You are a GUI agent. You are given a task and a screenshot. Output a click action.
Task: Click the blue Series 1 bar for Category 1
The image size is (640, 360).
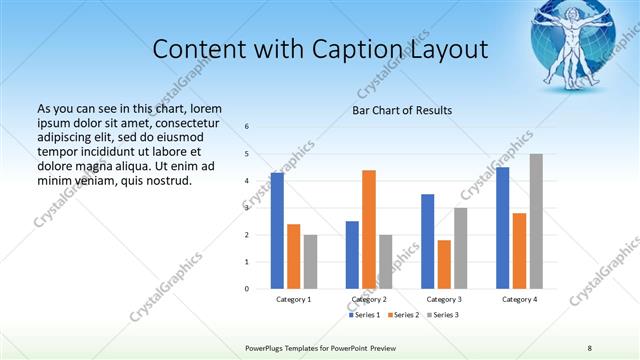tap(277, 230)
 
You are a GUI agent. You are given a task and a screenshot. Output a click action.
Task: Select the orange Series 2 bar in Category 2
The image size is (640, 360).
tap(369, 229)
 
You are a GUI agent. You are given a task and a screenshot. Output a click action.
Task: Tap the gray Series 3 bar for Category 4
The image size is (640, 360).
tap(536, 221)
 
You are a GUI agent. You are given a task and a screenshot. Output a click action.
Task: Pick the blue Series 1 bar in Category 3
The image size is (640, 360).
tap(427, 241)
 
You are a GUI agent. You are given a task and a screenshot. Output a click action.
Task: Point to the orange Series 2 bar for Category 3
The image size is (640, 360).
tap(444, 264)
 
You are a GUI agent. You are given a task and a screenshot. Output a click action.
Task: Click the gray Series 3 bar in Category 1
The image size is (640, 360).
tap(310, 261)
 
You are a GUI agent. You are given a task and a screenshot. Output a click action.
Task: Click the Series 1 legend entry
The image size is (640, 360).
tap(364, 315)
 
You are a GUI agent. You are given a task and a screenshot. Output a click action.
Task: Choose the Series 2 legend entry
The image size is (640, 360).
tap(403, 315)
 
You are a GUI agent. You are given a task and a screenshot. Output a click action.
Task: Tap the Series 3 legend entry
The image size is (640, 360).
tap(442, 315)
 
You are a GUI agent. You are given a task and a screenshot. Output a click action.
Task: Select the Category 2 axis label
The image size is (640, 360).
tap(369, 299)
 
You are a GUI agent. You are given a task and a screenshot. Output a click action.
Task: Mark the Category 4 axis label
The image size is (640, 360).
tap(519, 299)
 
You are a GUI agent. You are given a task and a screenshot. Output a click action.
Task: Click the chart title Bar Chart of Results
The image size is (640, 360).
tap(403, 109)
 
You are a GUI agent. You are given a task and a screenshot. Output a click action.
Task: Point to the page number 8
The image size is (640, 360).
tap(590, 348)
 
